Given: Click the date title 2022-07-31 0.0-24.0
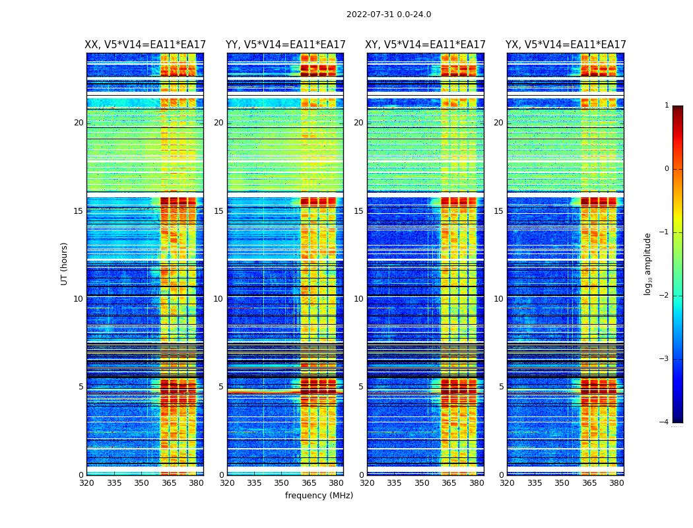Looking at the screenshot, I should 389,15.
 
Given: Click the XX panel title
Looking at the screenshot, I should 145,45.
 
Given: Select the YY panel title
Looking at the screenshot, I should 285,45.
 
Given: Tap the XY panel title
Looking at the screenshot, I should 426,45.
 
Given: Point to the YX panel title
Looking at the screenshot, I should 566,45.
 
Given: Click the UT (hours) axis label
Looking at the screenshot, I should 65,263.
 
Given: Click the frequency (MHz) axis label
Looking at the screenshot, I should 319,496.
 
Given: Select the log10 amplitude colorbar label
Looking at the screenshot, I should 648,263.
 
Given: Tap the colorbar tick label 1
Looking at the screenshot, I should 667,106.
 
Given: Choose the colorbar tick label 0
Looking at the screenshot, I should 667,169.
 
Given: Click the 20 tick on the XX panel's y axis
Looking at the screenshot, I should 79,123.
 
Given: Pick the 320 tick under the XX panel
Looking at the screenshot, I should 86,483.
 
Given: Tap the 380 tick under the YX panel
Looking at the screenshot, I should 616,483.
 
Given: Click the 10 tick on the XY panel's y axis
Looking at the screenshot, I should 358,299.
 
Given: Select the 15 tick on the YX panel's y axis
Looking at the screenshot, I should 498,211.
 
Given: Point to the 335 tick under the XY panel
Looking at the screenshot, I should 394,483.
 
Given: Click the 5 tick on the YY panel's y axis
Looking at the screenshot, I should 221,387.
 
